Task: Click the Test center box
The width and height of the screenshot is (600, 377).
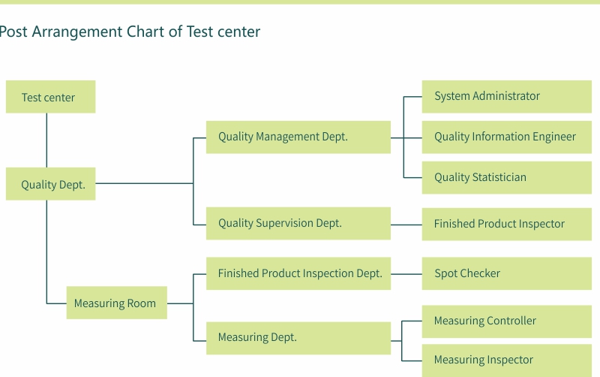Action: [x=50, y=97]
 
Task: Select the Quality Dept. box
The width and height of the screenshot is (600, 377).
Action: [x=50, y=184]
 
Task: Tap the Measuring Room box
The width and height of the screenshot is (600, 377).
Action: [x=117, y=303]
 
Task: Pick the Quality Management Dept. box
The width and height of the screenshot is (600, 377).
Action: [x=298, y=137]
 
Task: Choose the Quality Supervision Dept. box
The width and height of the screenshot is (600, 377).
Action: [x=298, y=223]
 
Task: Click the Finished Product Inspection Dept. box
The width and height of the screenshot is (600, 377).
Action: [x=298, y=273]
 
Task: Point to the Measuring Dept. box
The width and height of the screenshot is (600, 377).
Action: [x=298, y=338]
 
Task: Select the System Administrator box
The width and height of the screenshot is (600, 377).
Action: [x=507, y=97]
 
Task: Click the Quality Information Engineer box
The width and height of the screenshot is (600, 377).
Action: [x=507, y=137]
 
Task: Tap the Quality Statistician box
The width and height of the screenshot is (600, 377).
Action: [x=507, y=178]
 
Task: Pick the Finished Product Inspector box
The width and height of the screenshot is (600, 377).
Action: [x=507, y=224]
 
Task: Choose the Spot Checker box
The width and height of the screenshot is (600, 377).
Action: [x=507, y=273]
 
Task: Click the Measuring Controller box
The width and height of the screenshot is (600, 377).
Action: [x=507, y=321]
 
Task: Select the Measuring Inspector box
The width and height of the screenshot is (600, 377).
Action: [x=507, y=360]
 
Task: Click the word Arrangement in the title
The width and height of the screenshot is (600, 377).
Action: [x=77, y=32]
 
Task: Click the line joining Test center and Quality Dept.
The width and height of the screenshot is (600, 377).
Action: [x=46, y=140]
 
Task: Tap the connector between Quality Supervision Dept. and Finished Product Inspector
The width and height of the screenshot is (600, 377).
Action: [x=406, y=225]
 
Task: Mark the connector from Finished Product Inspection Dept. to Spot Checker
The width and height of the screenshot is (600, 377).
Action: [x=406, y=274]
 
